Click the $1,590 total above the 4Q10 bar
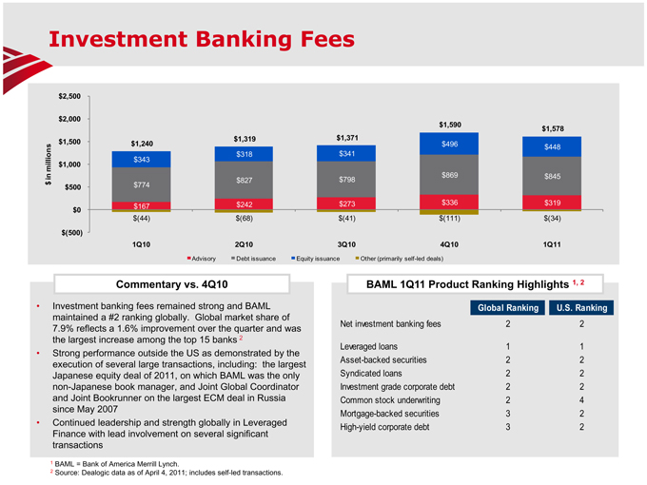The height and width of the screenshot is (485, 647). pyautogui.click(x=450, y=125)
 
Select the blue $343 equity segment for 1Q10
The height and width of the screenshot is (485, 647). pyautogui.click(x=139, y=159)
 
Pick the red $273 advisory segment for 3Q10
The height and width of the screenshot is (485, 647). pyautogui.click(x=346, y=203)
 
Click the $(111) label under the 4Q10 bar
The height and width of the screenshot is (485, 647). pyautogui.click(x=450, y=219)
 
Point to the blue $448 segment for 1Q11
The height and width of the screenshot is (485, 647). pyautogui.click(x=554, y=146)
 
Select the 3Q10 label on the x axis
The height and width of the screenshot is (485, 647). pyautogui.click(x=346, y=243)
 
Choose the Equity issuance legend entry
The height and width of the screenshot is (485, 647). pyautogui.click(x=322, y=258)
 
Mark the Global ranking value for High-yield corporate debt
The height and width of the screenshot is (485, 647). pyautogui.click(x=509, y=427)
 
